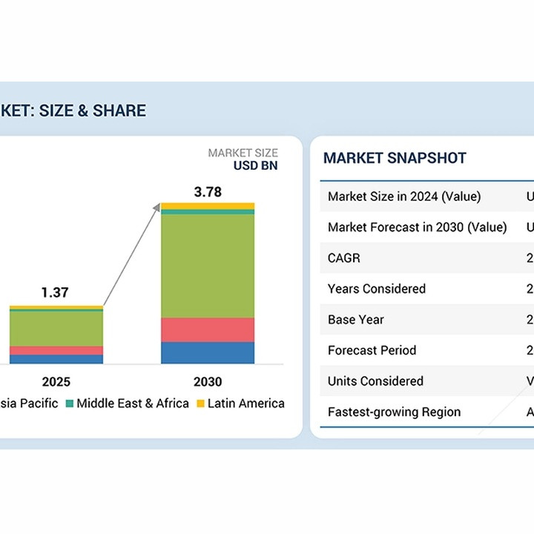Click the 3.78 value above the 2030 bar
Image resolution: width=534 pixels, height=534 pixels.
pos(208,192)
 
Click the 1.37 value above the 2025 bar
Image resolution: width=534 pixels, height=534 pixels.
pos(55,293)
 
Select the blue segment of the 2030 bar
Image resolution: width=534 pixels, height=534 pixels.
pos(208,353)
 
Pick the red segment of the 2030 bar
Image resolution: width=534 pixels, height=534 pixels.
pos(208,330)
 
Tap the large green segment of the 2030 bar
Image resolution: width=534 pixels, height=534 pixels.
pos(208,266)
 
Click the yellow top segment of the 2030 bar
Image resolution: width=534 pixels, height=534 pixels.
pos(208,205)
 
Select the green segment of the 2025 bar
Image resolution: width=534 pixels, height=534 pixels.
pos(56,329)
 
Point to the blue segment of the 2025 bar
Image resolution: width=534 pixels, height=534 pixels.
pos(56,360)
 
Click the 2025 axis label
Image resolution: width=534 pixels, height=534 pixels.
pos(56,382)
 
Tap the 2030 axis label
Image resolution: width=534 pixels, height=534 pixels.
pos(208,382)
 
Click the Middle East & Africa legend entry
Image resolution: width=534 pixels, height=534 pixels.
pos(127,403)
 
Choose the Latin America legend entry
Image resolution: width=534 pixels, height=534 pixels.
pos(240,403)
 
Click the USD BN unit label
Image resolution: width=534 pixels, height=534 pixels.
pos(255,165)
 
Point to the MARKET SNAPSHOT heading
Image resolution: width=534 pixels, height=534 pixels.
pos(395,158)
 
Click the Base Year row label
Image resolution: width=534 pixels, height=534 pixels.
pos(356,320)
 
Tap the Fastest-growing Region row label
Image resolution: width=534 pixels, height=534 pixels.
pos(394,412)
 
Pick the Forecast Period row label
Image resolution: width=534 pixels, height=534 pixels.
pos(372,350)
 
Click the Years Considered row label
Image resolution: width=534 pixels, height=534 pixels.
pos(377,289)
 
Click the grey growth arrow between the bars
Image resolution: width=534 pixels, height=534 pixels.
pos(132,256)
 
